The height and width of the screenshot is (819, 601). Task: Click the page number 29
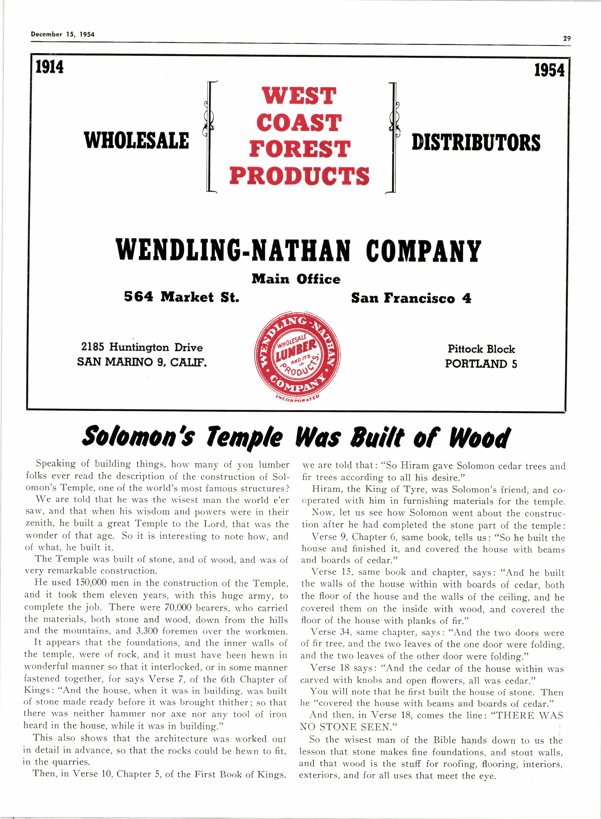coord(566,38)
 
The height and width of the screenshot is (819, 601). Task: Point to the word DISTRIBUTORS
coord(476,143)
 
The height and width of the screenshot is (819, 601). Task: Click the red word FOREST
coord(299,149)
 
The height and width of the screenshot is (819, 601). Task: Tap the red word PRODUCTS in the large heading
coord(299,176)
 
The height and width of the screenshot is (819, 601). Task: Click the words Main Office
coord(296,279)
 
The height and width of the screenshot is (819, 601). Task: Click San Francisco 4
coord(411,298)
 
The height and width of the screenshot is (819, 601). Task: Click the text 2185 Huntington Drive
coord(142,347)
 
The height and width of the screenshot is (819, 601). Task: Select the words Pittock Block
coord(481,349)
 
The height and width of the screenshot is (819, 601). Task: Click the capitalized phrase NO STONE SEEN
coord(348,727)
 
